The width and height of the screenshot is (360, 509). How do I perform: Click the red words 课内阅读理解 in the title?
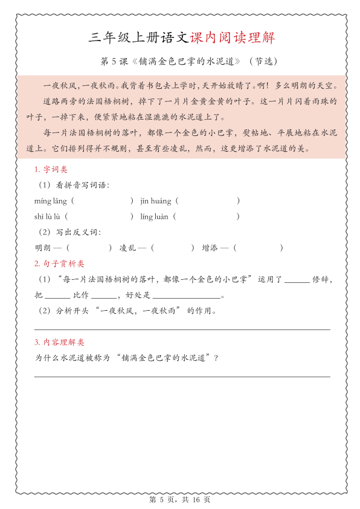233,38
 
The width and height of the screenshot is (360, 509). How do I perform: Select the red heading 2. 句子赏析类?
59,264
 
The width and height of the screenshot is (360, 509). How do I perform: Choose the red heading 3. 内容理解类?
59,342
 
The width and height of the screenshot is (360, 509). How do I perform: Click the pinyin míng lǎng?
51,201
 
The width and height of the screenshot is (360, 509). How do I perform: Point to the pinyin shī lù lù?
48,216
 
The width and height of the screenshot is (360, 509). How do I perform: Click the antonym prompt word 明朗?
43,248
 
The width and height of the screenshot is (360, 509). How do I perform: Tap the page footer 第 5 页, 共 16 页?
179,500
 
